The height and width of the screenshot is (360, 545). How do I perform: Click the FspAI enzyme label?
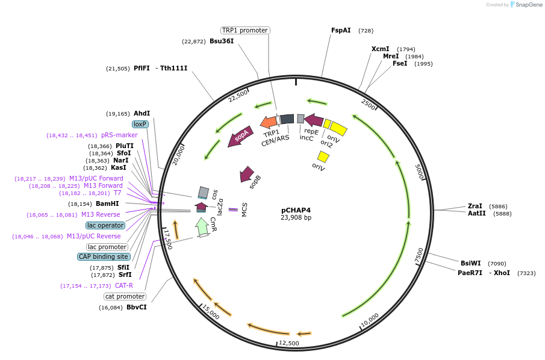click(341, 30)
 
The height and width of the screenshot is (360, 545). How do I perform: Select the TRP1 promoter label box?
click(244, 30)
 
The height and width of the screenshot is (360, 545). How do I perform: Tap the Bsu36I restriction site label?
click(222, 41)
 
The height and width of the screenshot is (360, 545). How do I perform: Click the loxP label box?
click(140, 124)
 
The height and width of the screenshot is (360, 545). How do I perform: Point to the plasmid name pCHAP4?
click(296, 210)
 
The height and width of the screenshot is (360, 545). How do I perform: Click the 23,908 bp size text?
click(296, 218)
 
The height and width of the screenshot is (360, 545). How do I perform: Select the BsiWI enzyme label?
click(471, 263)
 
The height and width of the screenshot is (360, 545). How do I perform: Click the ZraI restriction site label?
click(475, 206)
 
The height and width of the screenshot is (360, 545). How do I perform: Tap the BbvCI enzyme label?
click(136, 307)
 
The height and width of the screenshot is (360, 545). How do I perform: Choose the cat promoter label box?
click(125, 296)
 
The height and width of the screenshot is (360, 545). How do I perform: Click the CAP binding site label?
click(103, 256)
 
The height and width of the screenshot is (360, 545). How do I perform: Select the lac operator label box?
click(105, 225)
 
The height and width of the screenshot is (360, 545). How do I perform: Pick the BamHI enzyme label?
click(107, 203)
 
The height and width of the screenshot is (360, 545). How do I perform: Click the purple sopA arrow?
click(240, 138)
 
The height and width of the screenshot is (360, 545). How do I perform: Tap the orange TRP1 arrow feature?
click(269, 122)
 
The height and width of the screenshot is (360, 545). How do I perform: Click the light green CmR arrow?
click(202, 226)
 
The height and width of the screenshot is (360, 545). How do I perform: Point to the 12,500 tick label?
click(289, 343)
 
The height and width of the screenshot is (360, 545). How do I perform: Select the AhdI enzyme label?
click(142, 113)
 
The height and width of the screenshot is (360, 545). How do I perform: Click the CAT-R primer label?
click(124, 285)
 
